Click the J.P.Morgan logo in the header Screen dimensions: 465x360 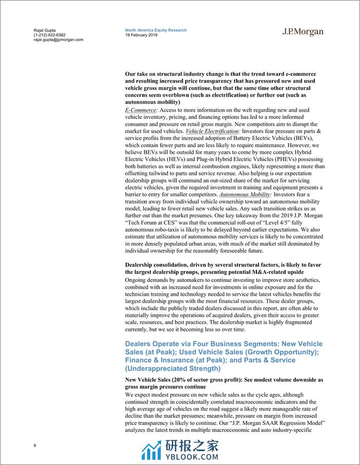pyautogui.click(x=303, y=32)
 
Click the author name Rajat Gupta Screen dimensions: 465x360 pyautogui.click(x=37, y=30)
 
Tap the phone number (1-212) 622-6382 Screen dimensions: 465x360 pyautogui.click(x=47, y=35)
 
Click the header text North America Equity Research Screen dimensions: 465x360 pyautogui.click(x=155, y=30)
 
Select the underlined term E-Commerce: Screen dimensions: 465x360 pyautogui.click(x=142, y=110)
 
